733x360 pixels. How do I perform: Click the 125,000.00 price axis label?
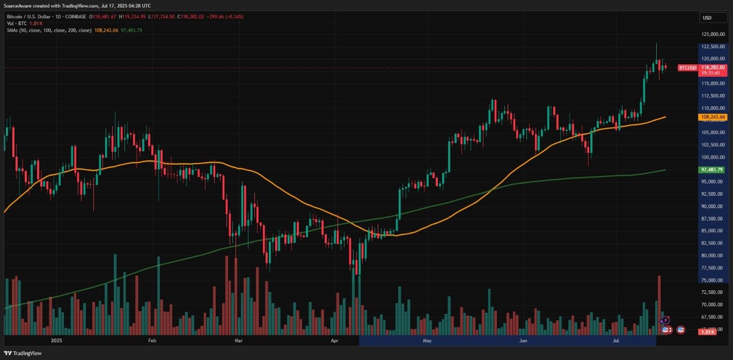coord(713,34)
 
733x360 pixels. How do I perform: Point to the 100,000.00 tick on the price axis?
coord(713,157)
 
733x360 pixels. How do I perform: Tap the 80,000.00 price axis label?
coord(713,255)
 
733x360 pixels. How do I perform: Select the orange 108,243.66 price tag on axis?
coord(713,117)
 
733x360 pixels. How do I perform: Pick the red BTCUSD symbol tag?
coord(687,68)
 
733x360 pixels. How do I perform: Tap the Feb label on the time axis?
coord(151,340)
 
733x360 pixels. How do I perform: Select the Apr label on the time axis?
coord(335,340)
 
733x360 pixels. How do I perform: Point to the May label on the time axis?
coord(427,340)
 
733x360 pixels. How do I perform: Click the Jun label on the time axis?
coord(523,340)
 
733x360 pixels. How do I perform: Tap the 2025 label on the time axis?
coord(56,340)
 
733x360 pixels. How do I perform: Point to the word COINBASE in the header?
coord(75,16)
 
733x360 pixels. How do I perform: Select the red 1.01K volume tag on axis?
coord(707,333)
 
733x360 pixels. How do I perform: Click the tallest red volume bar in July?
coord(659,303)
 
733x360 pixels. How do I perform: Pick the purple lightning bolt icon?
coord(665,320)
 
